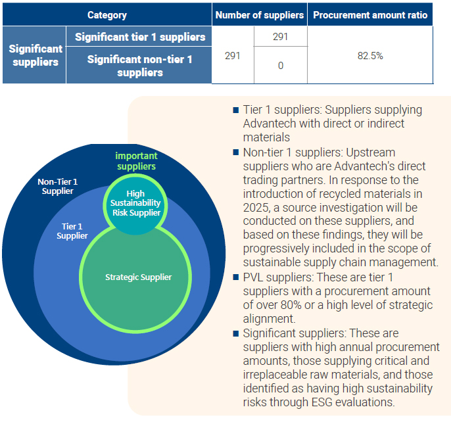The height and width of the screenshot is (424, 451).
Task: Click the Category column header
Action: point(107,14)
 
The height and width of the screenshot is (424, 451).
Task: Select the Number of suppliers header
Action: point(260,14)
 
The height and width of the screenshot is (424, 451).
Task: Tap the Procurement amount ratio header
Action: point(369,14)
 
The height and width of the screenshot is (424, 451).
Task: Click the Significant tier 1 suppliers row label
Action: point(139,37)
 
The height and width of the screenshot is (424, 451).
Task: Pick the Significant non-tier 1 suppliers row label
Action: point(139,66)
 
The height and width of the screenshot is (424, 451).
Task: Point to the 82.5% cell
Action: point(370,56)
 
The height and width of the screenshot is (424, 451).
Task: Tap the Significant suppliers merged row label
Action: point(34,55)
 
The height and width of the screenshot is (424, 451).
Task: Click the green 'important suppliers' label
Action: point(136,161)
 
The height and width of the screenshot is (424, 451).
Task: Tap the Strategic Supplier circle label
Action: point(138,277)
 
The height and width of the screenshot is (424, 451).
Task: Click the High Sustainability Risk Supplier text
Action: point(135,203)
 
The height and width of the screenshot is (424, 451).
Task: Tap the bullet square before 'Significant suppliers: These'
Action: point(236,333)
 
